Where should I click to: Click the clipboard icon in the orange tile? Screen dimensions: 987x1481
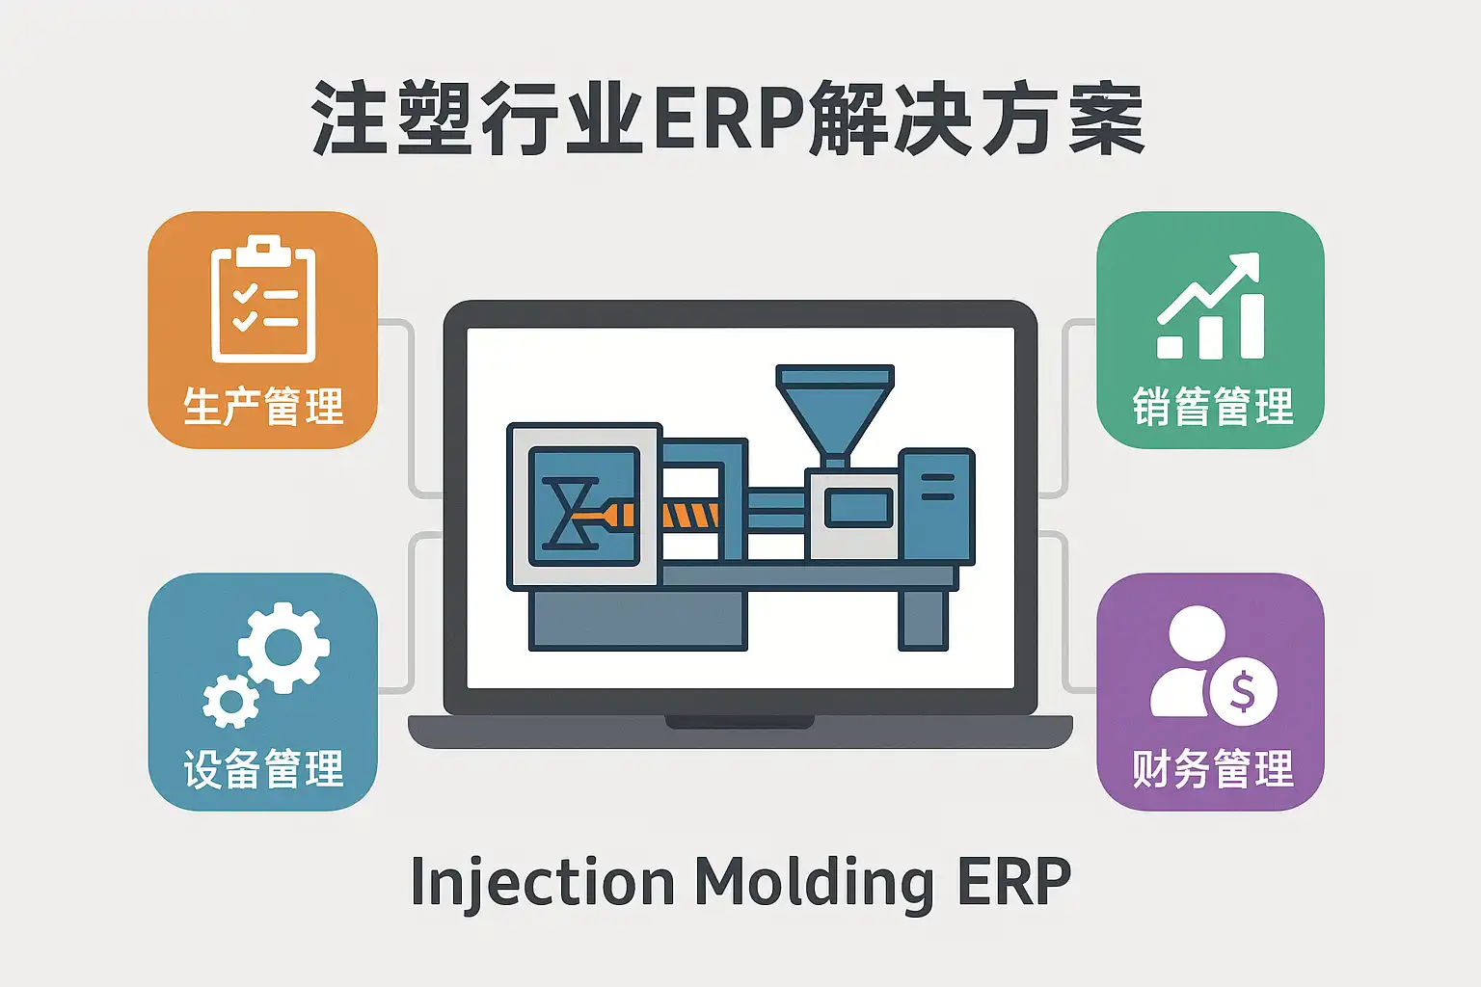263,299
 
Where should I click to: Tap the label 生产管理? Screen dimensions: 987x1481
263,407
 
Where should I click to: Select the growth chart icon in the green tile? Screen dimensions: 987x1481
1211,307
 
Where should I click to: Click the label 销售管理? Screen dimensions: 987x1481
1212,407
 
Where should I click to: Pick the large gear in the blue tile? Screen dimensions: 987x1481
283,647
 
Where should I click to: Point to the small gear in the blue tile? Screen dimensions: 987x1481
230,701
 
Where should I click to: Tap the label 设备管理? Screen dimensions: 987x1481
263,769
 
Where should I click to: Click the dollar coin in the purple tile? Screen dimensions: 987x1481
1243,691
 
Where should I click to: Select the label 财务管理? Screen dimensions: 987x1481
1212,769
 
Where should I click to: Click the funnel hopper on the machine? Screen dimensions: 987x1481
835,405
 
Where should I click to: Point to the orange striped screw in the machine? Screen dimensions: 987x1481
688,515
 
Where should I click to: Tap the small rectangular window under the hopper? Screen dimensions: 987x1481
857,507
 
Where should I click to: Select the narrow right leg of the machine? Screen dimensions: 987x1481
923,620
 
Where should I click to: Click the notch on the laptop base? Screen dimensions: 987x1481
740,721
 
